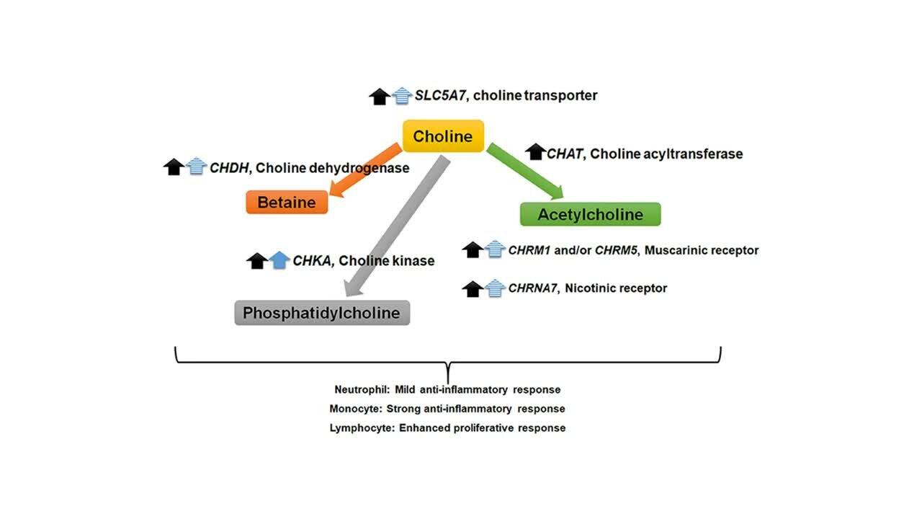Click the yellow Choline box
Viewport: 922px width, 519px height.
(443, 136)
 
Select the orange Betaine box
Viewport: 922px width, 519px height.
(287, 203)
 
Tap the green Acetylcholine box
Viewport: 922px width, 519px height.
(590, 214)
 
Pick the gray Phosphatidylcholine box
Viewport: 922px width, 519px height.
(322, 313)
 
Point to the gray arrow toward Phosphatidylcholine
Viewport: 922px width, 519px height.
(397, 226)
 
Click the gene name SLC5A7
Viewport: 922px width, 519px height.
(440, 95)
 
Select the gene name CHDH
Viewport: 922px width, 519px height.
(229, 168)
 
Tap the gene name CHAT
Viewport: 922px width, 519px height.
(564, 154)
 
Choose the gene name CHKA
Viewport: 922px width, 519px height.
(312, 261)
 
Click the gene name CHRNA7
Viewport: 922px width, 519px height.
(532, 288)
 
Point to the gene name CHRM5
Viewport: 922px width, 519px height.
(616, 250)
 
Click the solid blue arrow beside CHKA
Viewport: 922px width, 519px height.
(279, 260)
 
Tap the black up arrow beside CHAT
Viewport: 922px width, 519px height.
(535, 152)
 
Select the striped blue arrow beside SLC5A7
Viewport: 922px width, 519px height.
(402, 97)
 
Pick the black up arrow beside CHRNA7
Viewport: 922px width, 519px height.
(473, 289)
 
